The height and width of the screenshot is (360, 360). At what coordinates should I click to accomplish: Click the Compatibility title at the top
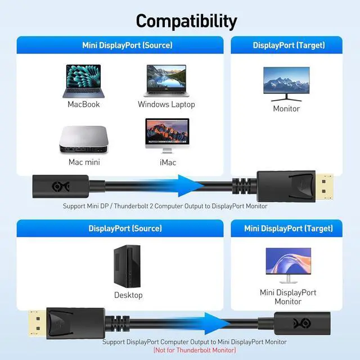click(186, 21)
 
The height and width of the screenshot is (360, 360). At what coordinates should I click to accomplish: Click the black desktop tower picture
click(128, 265)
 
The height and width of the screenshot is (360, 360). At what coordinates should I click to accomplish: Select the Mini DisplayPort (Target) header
click(289, 228)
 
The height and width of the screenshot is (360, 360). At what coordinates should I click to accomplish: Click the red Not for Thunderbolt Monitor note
click(195, 350)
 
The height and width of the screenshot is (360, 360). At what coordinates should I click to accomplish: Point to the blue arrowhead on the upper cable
click(189, 186)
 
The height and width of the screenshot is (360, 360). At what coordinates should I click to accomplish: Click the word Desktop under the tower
click(128, 295)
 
